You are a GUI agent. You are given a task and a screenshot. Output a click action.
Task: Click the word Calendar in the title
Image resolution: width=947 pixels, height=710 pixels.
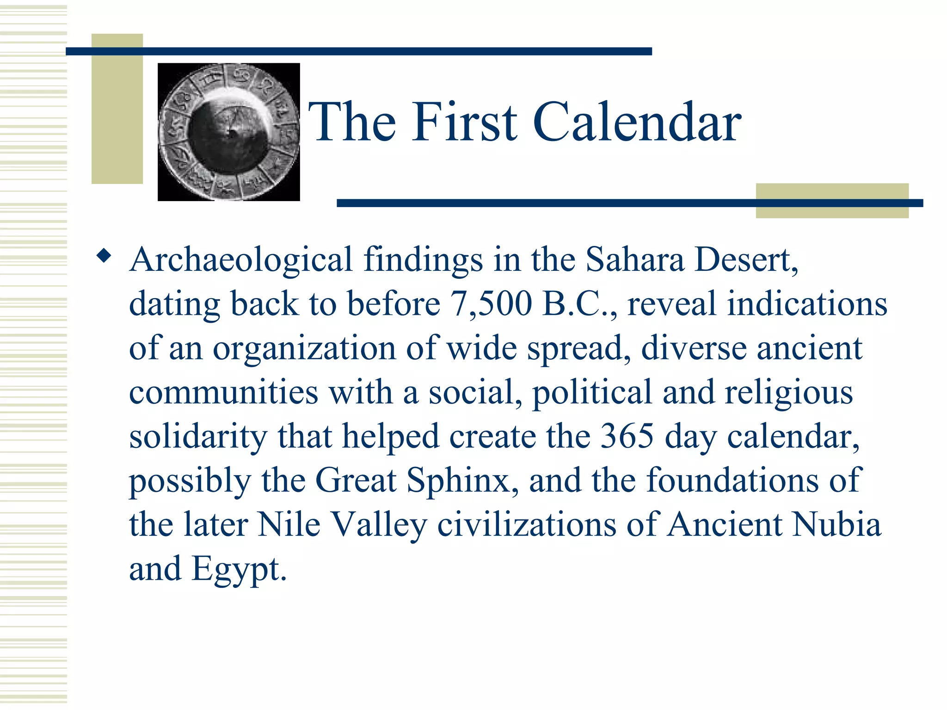click(x=637, y=122)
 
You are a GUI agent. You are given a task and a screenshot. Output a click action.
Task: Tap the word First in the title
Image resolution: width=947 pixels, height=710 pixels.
click(x=465, y=122)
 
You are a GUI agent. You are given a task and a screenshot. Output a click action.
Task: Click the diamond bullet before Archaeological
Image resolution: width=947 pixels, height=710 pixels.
click(x=104, y=256)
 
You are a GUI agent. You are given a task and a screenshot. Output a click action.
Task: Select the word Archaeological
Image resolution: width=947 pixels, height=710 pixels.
click(x=241, y=260)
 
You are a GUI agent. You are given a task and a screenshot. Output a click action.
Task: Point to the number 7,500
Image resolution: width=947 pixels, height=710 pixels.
click(x=491, y=304)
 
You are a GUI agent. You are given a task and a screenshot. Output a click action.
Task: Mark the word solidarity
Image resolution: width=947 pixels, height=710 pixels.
click(x=198, y=437)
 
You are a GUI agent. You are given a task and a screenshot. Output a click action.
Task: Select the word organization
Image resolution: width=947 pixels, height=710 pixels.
click(x=304, y=349)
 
